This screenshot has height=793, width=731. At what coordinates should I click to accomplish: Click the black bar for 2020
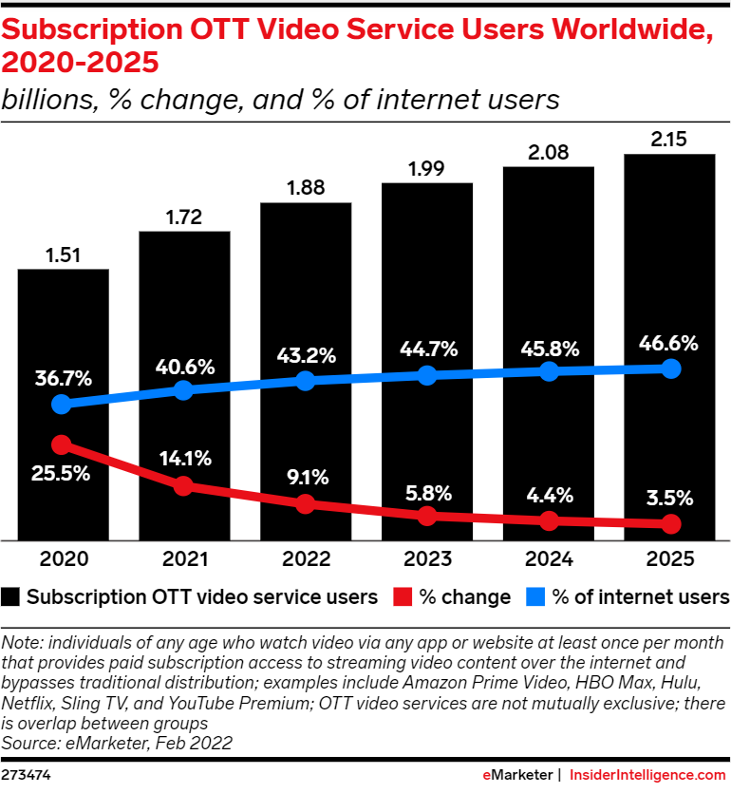pyautogui.click(x=63, y=323)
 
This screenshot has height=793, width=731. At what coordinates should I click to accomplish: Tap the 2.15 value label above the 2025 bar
pyautogui.click(x=669, y=139)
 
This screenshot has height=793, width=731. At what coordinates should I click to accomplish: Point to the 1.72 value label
pyautogui.click(x=184, y=216)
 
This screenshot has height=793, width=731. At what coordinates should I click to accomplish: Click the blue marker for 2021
pyautogui.click(x=184, y=389)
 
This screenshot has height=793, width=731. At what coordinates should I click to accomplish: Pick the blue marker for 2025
pyautogui.click(x=670, y=368)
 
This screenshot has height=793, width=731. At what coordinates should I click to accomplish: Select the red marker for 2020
pyautogui.click(x=63, y=444)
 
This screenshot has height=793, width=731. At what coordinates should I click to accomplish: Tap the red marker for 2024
pyautogui.click(x=549, y=520)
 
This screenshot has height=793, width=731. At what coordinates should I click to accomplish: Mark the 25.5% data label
pyautogui.click(x=63, y=474)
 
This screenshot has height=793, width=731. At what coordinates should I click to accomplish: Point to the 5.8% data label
pyautogui.click(x=426, y=495)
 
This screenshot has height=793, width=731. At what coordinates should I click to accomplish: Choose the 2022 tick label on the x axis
pyautogui.click(x=306, y=558)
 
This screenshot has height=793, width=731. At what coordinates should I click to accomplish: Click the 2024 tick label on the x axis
pyautogui.click(x=549, y=558)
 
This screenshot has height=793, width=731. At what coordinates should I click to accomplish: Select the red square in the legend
pyautogui.click(x=402, y=596)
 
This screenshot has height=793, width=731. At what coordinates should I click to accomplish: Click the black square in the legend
pyautogui.click(x=11, y=596)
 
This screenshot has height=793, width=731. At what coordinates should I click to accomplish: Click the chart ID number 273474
pyautogui.click(x=28, y=775)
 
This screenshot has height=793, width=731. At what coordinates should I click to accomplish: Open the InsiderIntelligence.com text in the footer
pyautogui.click(x=648, y=775)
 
